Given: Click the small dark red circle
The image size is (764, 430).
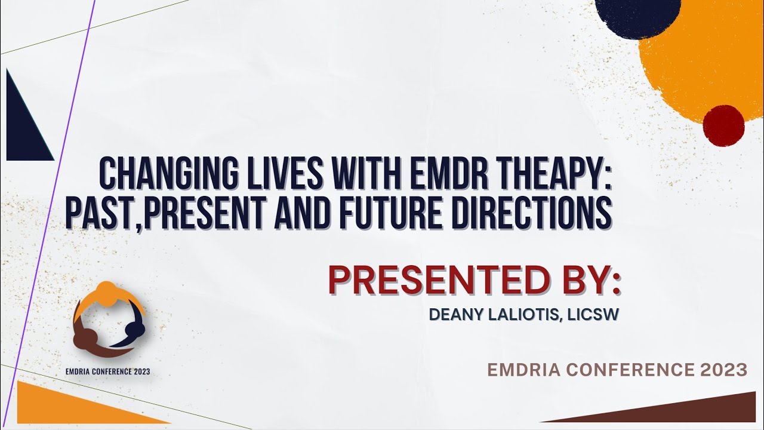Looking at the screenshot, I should (x=723, y=125).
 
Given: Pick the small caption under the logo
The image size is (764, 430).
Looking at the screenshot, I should (x=108, y=371).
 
